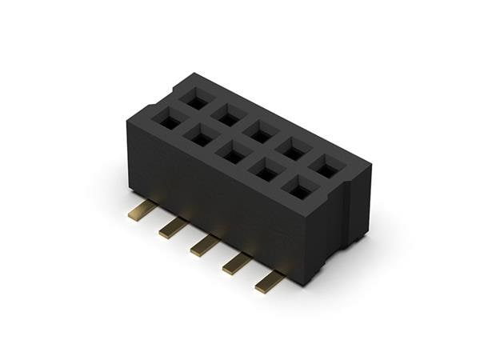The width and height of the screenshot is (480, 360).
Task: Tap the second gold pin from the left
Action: pyautogui.click(x=172, y=230)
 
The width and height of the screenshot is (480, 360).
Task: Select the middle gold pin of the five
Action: pyautogui.click(x=204, y=246)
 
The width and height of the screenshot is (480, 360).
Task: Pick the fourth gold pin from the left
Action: pyautogui.click(x=237, y=263)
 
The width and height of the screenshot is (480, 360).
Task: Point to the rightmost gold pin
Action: pyautogui.click(x=270, y=281)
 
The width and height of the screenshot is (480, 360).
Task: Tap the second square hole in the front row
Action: pyautogui.click(x=201, y=137)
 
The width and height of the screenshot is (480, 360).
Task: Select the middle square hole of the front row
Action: pyautogui.click(x=234, y=154)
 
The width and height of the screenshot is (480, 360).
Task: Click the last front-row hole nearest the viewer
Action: pyautogui.click(x=300, y=190)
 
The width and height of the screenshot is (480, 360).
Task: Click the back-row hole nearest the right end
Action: pyautogui.click(x=328, y=166)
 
